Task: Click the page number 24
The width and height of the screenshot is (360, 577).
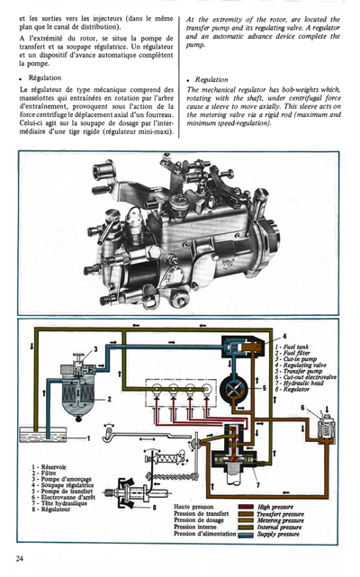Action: click(19, 558)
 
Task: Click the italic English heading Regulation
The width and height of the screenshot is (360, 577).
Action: click(213, 78)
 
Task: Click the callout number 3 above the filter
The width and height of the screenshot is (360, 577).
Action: click(94, 348)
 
